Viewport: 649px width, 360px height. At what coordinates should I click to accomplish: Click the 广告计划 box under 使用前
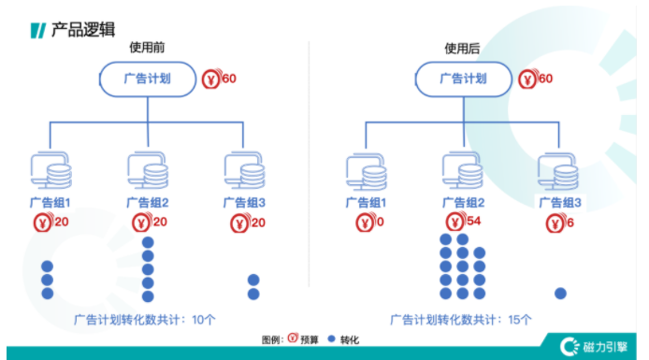[148, 79]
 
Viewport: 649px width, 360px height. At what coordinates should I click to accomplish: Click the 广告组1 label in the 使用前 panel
[50, 202]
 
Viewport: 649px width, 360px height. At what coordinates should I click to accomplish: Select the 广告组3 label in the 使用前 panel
[244, 202]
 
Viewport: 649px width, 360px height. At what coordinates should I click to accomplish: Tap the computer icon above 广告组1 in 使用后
[367, 172]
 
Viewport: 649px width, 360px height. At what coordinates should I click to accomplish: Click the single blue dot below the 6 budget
[561, 293]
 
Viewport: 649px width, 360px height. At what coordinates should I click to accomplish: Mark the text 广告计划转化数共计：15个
[461, 319]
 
